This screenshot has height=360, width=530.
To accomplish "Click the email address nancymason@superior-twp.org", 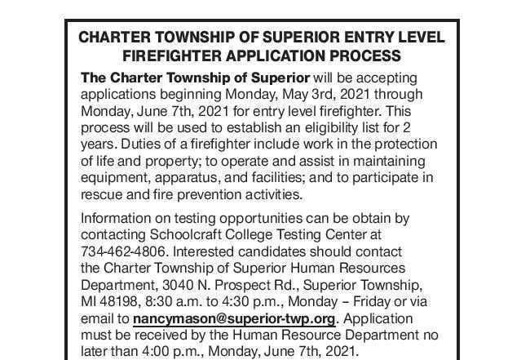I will click(x=234, y=318).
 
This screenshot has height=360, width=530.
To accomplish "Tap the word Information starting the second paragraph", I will click(x=117, y=219).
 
